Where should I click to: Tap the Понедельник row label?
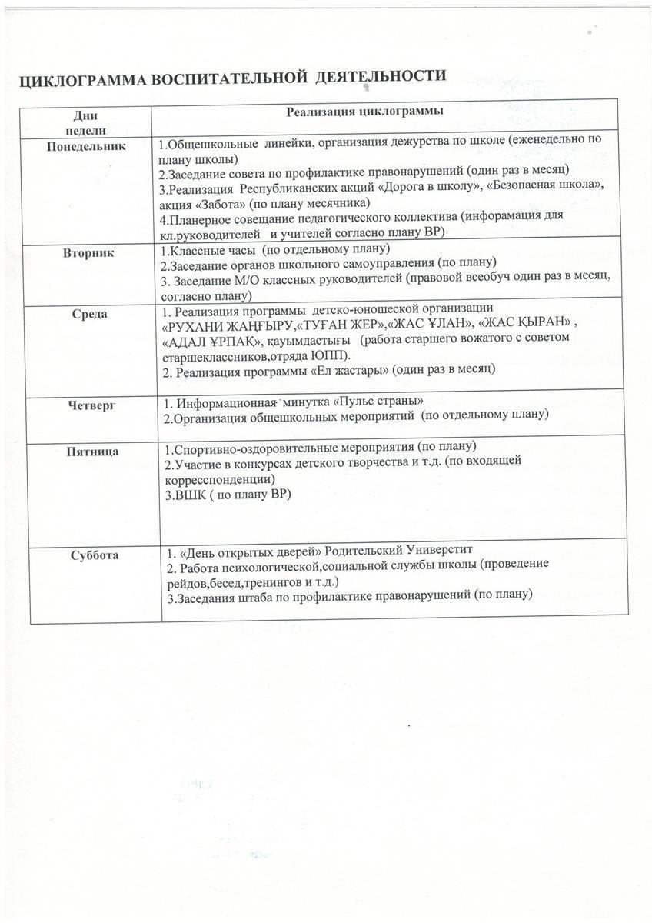click(x=86, y=145)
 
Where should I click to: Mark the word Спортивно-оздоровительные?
click(x=253, y=448)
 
